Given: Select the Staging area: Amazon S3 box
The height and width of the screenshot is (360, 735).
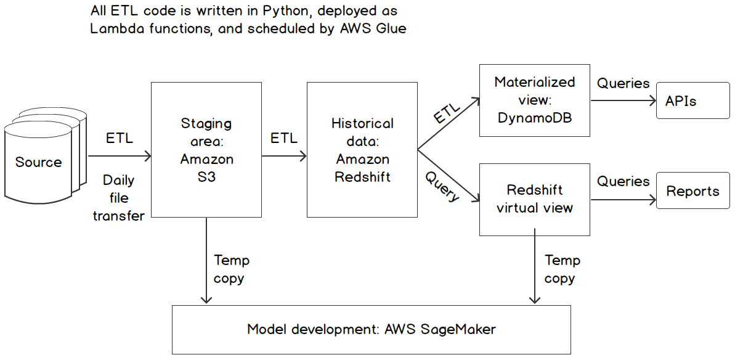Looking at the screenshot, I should (206, 150).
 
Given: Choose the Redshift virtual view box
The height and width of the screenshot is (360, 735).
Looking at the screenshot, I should (534, 199).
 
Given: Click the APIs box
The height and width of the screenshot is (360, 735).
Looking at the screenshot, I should (692, 100).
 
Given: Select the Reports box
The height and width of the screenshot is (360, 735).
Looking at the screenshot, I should (692, 191).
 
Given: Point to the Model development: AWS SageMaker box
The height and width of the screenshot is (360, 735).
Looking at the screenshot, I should (371, 329).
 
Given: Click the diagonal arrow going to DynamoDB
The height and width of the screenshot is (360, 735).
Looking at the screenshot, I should (448, 123).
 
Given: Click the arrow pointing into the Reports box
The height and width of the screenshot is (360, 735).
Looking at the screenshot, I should (623, 199).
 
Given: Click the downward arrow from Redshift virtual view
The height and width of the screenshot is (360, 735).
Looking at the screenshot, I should (535, 265).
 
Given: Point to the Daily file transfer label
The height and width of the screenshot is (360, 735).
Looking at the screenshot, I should (119, 198).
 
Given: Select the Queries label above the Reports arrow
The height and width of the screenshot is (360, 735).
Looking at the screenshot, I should (623, 181).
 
